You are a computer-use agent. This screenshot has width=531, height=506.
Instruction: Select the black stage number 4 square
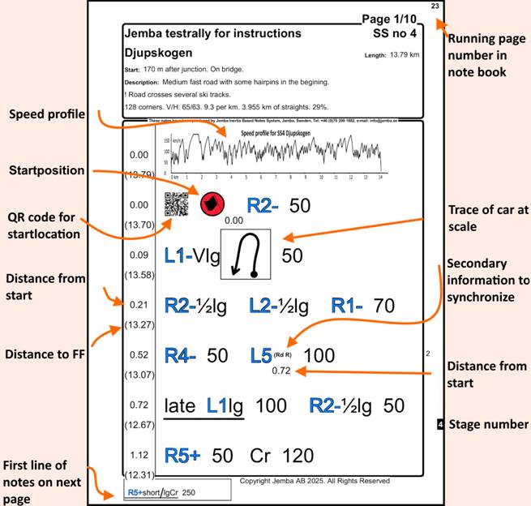pos(439,424)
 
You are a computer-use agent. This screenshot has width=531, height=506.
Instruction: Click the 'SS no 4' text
pos(395,34)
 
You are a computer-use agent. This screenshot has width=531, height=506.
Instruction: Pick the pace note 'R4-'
pos(181,355)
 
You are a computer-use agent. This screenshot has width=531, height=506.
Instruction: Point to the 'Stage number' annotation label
pos(488,424)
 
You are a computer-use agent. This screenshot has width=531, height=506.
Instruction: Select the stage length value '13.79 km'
pos(404,55)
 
